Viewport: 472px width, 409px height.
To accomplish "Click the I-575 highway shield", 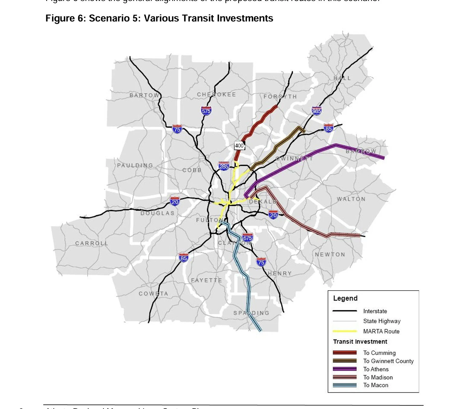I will tap(206, 111).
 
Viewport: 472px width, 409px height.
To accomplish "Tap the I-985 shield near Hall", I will tap(316, 111).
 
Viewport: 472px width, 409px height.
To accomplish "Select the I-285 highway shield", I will tap(224, 166).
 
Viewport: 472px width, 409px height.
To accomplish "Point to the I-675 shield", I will tap(247, 238).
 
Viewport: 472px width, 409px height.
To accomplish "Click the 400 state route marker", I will tap(239, 146).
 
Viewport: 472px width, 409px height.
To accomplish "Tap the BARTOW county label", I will tap(144, 95).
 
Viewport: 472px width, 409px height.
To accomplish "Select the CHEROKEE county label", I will tap(216, 95).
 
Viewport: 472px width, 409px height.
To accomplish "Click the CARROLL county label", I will tap(92, 243).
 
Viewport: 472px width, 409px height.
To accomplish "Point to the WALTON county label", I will tap(351, 199).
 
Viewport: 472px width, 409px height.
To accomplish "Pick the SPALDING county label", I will tap(251, 313).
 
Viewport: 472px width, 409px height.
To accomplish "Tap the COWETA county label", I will tap(154, 294).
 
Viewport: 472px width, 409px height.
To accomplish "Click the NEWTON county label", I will tap(330, 254).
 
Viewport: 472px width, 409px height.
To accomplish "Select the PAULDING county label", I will tap(135, 166).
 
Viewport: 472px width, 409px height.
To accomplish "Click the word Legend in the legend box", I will tap(345, 298).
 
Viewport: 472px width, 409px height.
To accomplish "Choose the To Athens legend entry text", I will tap(376, 369).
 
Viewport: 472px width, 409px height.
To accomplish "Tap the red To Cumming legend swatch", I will tap(344, 353).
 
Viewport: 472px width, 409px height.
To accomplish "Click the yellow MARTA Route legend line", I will tap(344, 331).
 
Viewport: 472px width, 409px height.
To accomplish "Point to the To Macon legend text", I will tap(376, 385).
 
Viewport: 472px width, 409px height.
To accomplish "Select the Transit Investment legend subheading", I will tap(360, 342).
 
